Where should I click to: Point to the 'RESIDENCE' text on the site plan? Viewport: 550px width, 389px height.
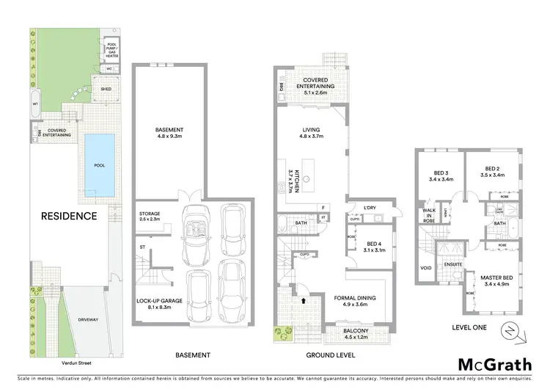(68, 217)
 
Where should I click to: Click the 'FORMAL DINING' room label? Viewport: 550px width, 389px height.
(349, 299)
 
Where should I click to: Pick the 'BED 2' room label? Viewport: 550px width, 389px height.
(486, 172)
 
